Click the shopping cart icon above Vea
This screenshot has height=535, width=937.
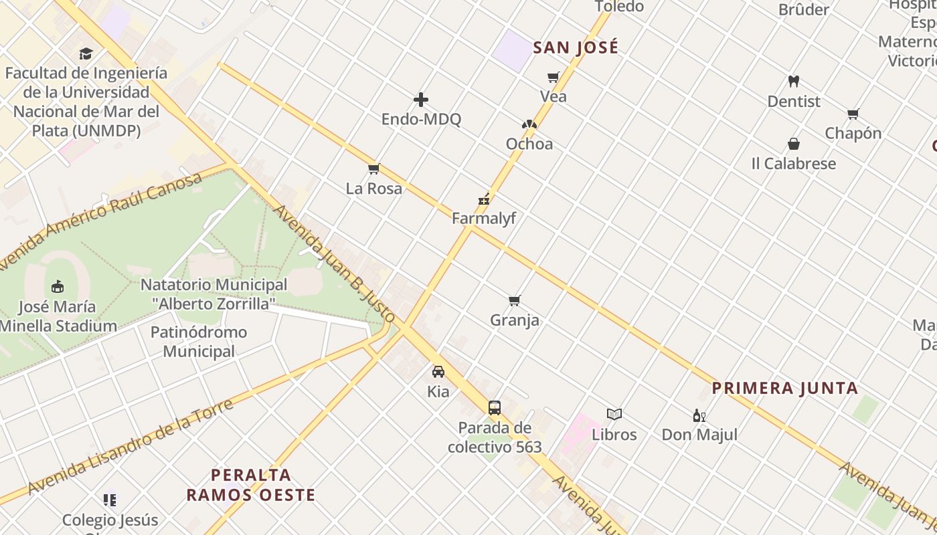(553, 78)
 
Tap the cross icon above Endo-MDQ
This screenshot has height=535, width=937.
(421, 100)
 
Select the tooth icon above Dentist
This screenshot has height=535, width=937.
(794, 82)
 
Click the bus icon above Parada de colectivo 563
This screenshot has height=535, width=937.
(495, 407)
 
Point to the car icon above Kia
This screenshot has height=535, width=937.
(438, 372)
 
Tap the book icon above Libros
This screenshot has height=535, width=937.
(614, 415)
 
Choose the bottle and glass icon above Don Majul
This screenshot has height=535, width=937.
(699, 415)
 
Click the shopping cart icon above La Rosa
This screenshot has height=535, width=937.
(374, 169)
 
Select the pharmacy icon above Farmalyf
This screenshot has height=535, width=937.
(484, 199)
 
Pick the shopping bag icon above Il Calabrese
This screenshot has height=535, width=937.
(794, 144)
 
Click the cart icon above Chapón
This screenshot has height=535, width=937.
(853, 114)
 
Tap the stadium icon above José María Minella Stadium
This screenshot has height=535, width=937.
(58, 287)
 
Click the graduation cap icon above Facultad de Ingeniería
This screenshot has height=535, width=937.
(86, 53)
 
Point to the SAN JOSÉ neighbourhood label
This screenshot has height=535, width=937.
(576, 48)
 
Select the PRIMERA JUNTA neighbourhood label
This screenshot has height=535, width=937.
(784, 389)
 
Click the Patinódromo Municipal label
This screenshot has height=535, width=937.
(199, 342)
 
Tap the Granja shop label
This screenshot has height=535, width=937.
(515, 320)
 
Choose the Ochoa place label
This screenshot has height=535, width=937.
(529, 144)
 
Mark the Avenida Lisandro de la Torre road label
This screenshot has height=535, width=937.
(131, 446)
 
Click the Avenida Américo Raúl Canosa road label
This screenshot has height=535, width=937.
(100, 221)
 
